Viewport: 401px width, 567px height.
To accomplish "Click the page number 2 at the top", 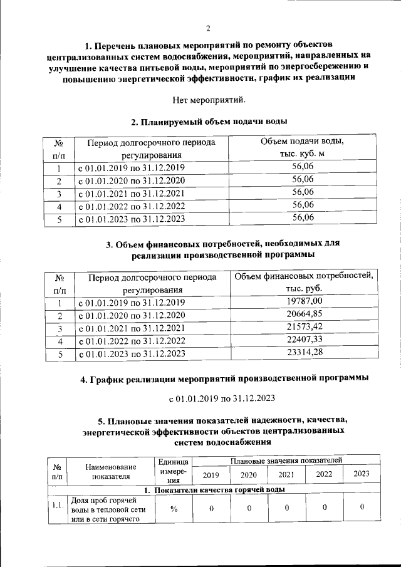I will [209, 28].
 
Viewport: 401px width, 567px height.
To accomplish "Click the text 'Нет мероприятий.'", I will [209, 100].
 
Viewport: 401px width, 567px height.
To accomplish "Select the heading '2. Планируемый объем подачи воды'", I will [209, 122].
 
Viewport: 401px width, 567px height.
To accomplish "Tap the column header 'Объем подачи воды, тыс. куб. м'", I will [303, 148].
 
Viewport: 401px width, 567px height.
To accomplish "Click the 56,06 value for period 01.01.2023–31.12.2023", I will [303, 218].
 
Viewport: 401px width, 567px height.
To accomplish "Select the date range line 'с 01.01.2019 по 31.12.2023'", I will [222, 398].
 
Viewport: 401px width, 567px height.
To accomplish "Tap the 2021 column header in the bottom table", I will [286, 474].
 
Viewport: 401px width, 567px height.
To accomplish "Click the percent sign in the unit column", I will [174, 508].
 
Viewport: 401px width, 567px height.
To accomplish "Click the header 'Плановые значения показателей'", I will [286, 460].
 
